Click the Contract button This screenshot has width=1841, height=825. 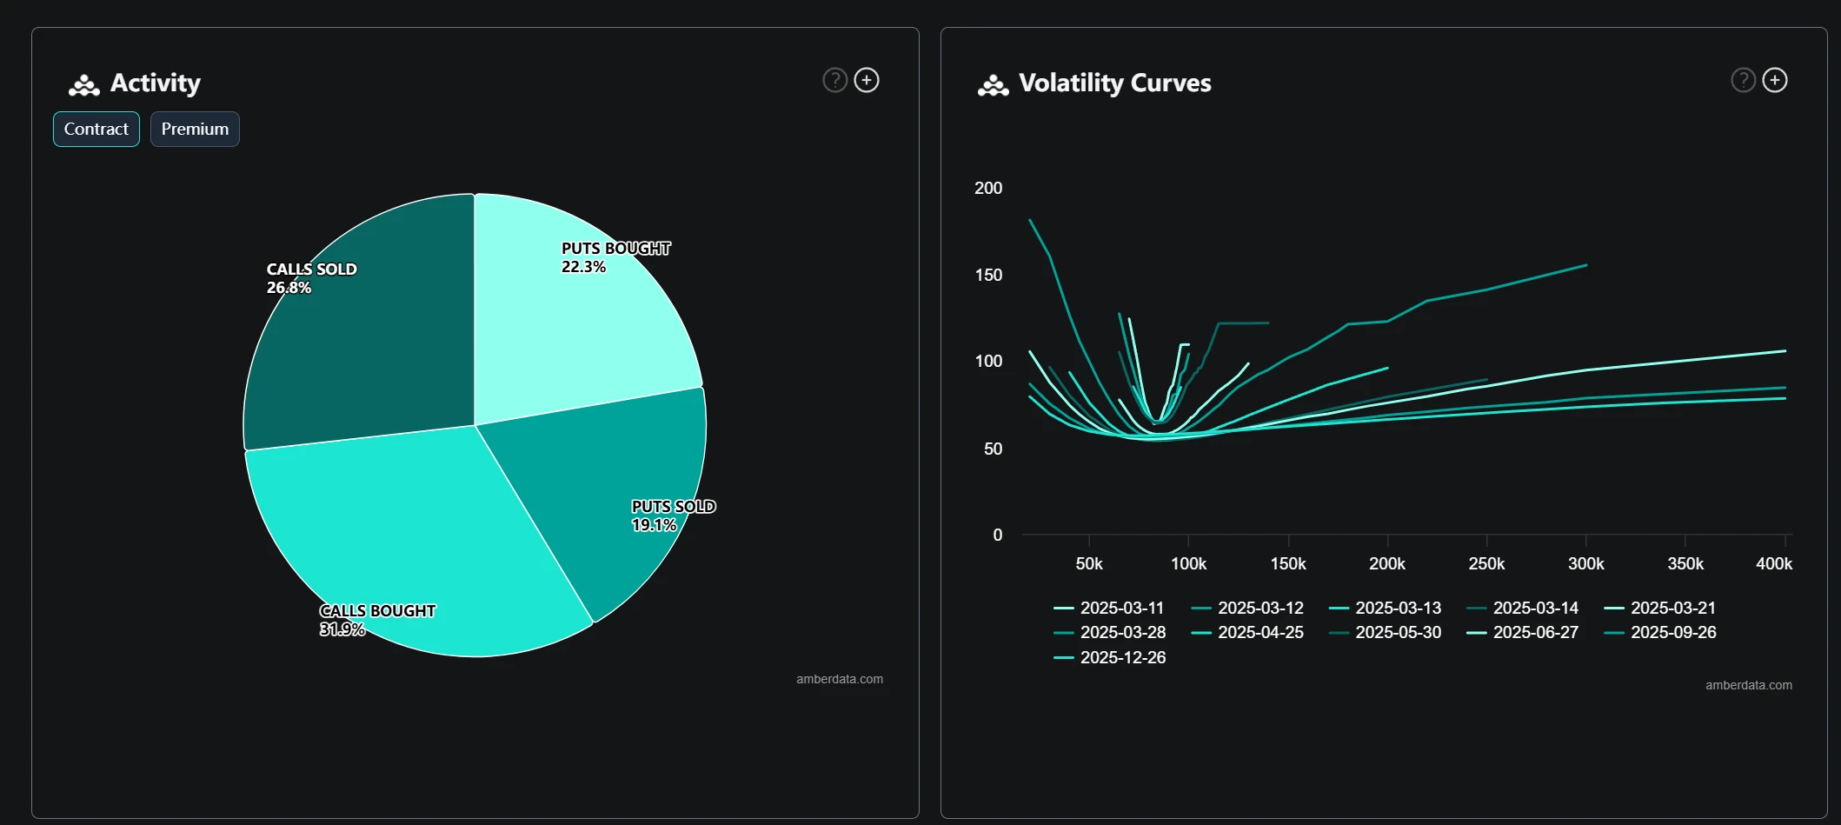click(x=96, y=129)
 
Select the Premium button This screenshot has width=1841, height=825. click(x=195, y=129)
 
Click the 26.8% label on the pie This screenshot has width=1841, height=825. click(x=289, y=288)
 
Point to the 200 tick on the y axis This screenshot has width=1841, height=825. click(x=988, y=188)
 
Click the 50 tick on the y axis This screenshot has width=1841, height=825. click(x=993, y=449)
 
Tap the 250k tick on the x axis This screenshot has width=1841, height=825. click(x=1486, y=563)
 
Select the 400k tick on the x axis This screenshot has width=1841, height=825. click(x=1773, y=563)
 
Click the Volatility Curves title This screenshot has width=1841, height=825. click(x=1114, y=83)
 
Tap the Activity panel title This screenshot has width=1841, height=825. click(x=155, y=83)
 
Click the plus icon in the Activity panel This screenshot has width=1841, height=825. click(x=867, y=80)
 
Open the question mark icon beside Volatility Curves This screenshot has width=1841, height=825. click(x=1743, y=80)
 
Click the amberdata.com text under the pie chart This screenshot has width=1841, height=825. click(x=839, y=679)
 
